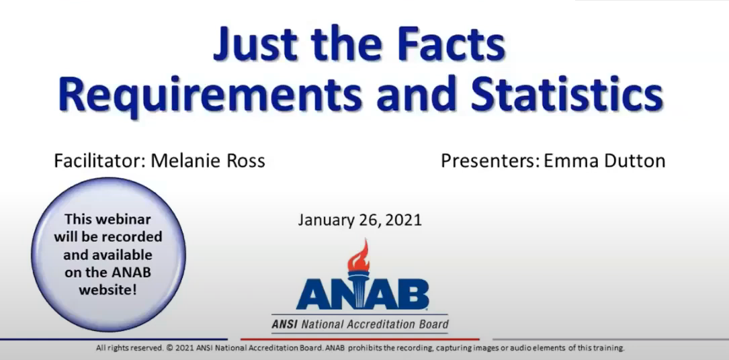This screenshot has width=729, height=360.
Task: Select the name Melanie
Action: coord(181,161)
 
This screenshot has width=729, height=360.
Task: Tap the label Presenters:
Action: coord(482,161)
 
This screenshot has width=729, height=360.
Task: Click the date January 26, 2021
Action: coord(359,220)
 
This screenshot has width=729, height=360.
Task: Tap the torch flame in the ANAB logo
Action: coord(359,252)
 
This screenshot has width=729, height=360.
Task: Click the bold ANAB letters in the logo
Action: coord(363,294)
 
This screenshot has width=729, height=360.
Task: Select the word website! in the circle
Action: coord(108,290)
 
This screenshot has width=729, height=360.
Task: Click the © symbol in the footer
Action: coord(169,349)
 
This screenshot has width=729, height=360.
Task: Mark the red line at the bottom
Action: coord(359,339)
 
